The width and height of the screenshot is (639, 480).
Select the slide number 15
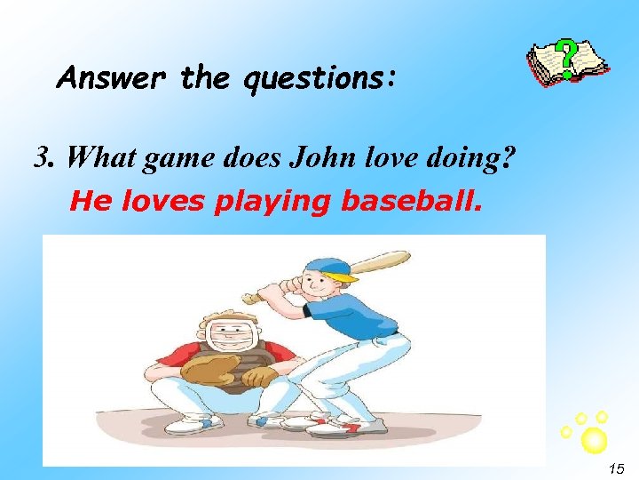point(617,468)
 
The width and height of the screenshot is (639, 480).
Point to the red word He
point(86,203)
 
